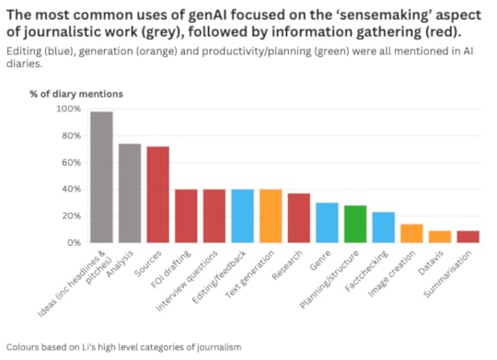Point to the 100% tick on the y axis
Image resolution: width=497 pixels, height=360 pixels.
pyautogui.click(x=68, y=109)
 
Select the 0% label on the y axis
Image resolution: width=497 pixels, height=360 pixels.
pyautogui.click(x=74, y=243)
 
